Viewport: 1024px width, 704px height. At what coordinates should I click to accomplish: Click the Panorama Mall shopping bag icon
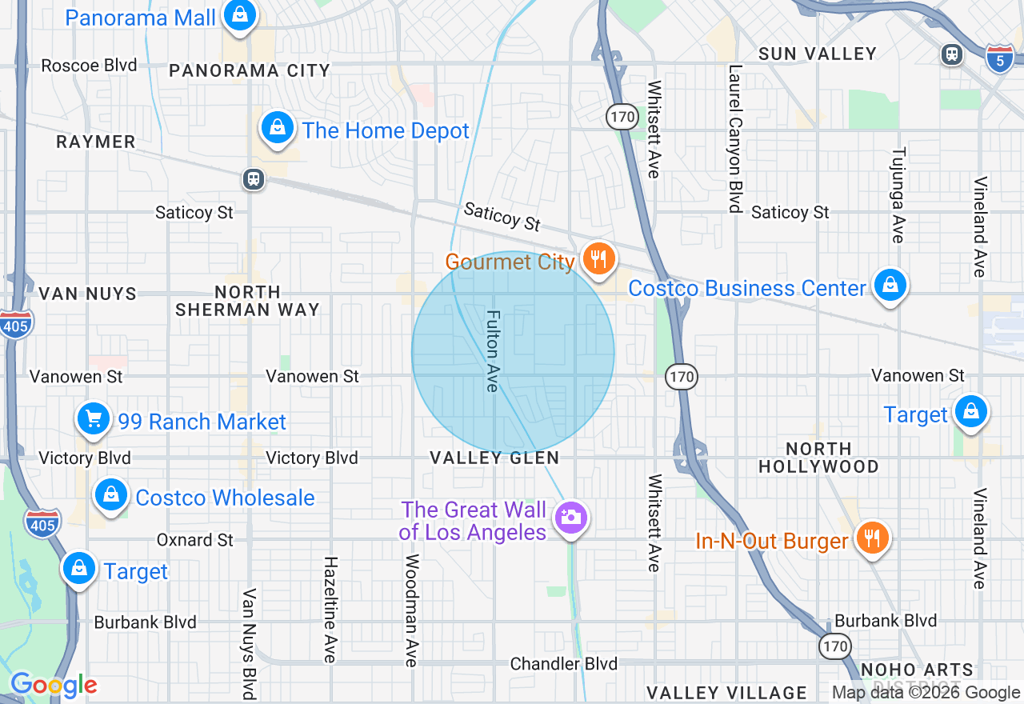[238, 15]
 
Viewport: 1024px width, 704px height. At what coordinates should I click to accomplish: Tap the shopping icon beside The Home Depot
[277, 128]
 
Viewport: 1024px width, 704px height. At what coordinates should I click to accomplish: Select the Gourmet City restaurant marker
[597, 258]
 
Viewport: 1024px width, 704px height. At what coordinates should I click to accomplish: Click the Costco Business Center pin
[890, 285]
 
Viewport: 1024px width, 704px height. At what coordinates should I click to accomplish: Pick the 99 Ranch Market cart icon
[94, 418]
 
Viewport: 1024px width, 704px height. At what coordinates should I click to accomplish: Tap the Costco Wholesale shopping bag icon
[112, 495]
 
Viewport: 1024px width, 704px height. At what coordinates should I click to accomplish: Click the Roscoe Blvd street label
[89, 66]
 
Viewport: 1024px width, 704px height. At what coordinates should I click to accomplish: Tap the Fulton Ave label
[493, 351]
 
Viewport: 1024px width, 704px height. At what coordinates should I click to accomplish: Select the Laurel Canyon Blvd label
[734, 138]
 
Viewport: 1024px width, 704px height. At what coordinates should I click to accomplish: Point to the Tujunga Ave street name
[898, 195]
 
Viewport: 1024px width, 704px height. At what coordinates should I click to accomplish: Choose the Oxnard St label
[194, 541]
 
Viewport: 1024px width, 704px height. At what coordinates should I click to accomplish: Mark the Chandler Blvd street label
[564, 664]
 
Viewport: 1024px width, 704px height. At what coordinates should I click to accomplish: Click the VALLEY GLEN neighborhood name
[494, 458]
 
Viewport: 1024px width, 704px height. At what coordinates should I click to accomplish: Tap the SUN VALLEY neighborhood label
[818, 54]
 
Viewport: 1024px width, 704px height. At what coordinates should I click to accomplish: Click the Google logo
[54, 685]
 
